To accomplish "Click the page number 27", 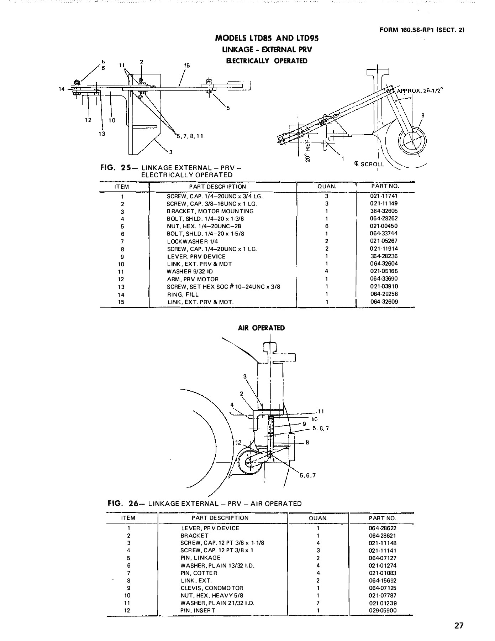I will [x=459, y=625].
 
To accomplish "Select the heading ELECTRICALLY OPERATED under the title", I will [x=267, y=61].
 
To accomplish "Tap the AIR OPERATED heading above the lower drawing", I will [x=261, y=328].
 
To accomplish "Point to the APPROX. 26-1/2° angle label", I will [x=419, y=91].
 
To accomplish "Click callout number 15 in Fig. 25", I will [x=187, y=66].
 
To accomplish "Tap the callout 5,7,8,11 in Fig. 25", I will [x=190, y=136].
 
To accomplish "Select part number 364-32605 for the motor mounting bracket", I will [x=384, y=211].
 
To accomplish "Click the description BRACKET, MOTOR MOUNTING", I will [x=210, y=212].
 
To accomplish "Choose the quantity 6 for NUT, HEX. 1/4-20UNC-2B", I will [x=326, y=226].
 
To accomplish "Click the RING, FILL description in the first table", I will [x=183, y=295].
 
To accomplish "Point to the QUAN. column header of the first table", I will [x=326, y=187].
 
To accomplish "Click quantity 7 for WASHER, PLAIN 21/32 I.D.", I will [x=318, y=603].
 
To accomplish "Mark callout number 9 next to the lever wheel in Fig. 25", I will [x=423, y=115].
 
